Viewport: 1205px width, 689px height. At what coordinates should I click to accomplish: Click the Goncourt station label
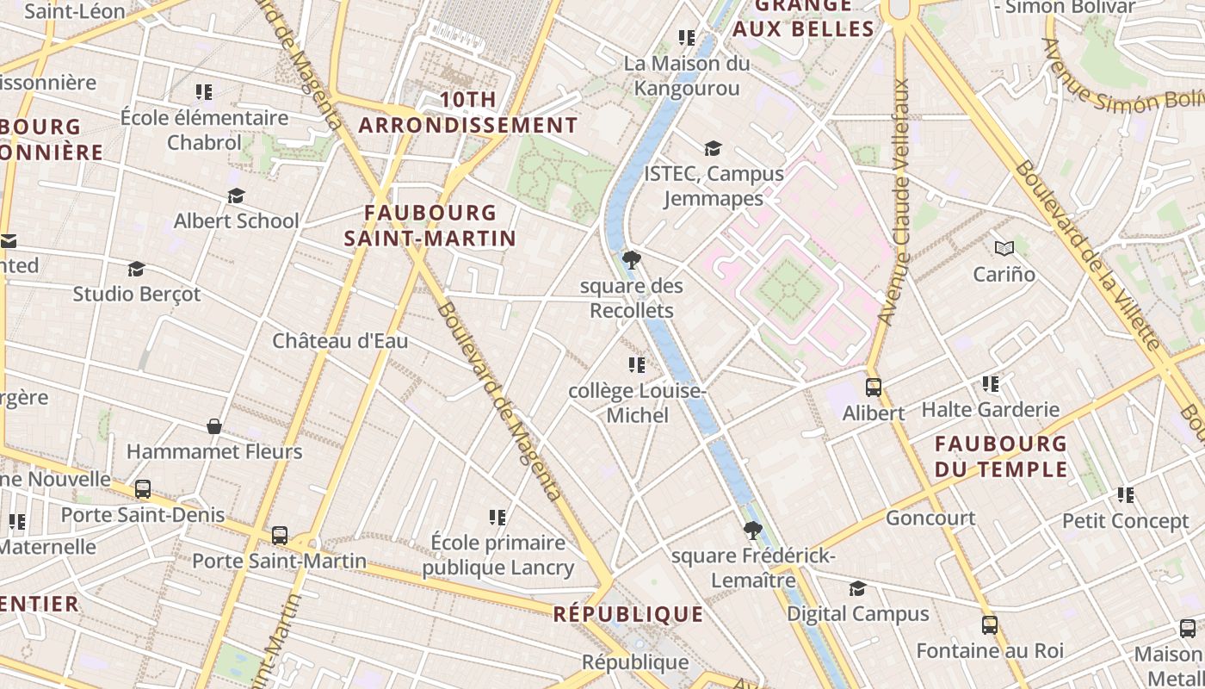pyautogui.click(x=930, y=518)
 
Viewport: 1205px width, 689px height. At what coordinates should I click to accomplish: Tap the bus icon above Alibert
pyautogui.click(x=873, y=388)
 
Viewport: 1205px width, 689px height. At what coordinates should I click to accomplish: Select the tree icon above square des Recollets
pyautogui.click(x=631, y=259)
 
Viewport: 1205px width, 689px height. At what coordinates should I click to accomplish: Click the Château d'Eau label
pyautogui.click(x=340, y=341)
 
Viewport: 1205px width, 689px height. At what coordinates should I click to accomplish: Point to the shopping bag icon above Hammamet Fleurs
pyautogui.click(x=214, y=426)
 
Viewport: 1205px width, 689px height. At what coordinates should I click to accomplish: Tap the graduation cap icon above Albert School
pyautogui.click(x=236, y=196)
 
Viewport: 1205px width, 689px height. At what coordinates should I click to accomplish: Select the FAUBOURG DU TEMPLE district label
pyautogui.click(x=1001, y=456)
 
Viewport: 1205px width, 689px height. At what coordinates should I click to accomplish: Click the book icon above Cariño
pyautogui.click(x=1004, y=249)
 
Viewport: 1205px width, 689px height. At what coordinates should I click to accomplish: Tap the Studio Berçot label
pyautogui.click(x=136, y=295)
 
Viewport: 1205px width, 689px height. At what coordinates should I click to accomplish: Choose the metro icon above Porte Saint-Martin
pyautogui.click(x=279, y=535)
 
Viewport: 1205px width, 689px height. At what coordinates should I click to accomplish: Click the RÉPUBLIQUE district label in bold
pyautogui.click(x=628, y=614)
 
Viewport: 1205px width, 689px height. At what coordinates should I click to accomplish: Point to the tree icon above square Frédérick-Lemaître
pyautogui.click(x=752, y=530)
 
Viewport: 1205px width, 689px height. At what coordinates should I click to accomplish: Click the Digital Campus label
pyautogui.click(x=858, y=614)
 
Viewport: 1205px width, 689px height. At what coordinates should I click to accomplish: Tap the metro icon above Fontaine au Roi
pyautogui.click(x=990, y=625)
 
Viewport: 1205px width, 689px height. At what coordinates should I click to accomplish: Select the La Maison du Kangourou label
pyautogui.click(x=687, y=76)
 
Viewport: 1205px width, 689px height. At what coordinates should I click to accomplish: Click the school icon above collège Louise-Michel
pyautogui.click(x=637, y=365)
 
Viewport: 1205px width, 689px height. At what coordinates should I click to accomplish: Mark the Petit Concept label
pyautogui.click(x=1125, y=521)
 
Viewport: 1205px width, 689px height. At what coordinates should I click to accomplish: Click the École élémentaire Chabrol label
pyautogui.click(x=204, y=129)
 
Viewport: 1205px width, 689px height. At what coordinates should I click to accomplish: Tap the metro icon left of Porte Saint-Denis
pyautogui.click(x=143, y=489)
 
